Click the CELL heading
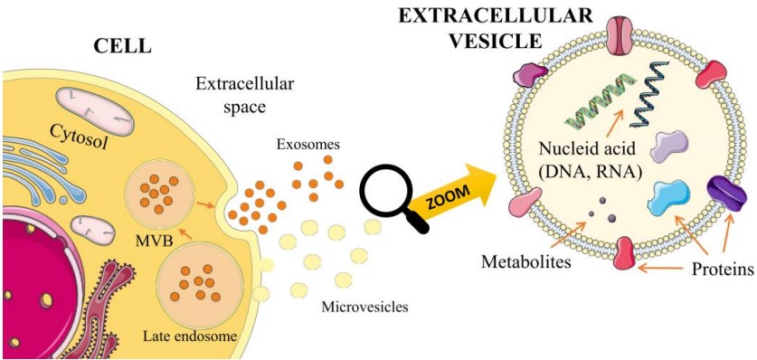[120, 45]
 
